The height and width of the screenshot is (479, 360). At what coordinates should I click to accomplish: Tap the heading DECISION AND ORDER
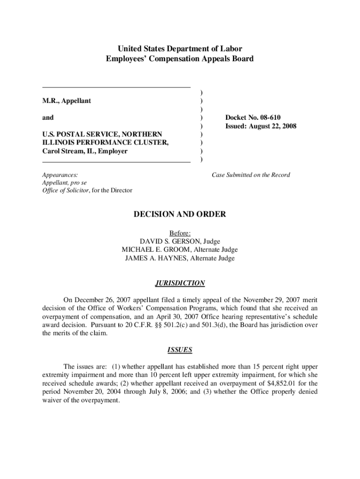180,214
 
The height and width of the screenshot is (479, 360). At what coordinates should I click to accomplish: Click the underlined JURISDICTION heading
180,283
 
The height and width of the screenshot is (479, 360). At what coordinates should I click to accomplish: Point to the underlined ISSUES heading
180,350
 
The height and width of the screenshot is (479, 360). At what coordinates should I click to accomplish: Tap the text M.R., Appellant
67,101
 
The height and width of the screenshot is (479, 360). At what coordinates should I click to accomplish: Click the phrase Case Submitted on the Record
251,175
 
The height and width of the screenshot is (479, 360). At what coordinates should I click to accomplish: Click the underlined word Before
180,233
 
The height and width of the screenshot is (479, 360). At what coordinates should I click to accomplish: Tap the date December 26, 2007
101,299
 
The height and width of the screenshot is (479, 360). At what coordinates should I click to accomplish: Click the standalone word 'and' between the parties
48,117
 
